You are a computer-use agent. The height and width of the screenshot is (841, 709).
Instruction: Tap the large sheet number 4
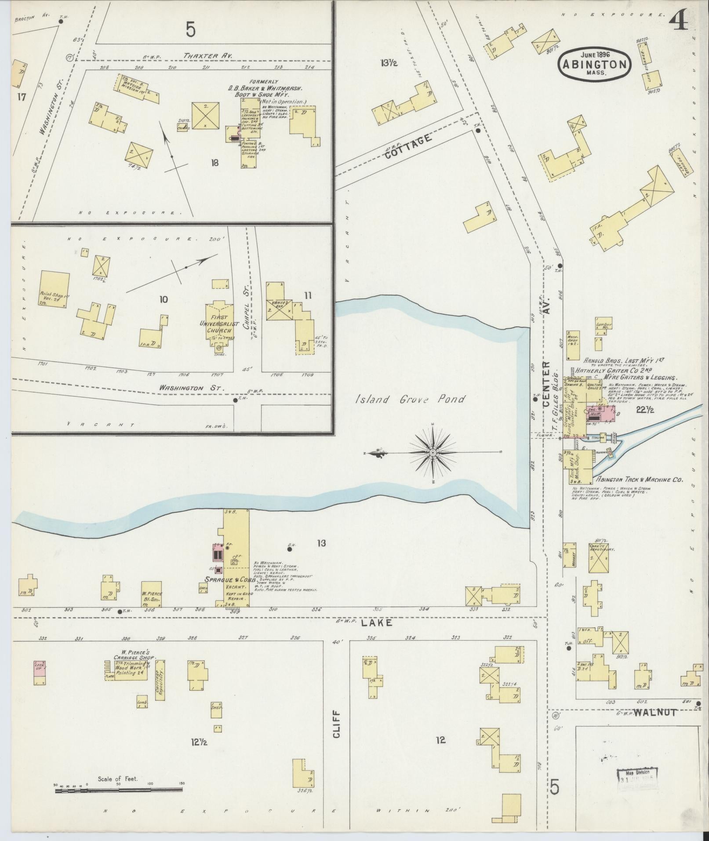coord(680,20)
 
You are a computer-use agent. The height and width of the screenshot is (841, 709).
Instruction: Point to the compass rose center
coord(433,452)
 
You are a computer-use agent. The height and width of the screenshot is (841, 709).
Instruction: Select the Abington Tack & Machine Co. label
coord(639,480)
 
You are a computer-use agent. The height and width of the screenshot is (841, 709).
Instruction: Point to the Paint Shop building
coord(55,288)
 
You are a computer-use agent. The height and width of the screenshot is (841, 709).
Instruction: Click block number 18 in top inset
coord(215,163)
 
